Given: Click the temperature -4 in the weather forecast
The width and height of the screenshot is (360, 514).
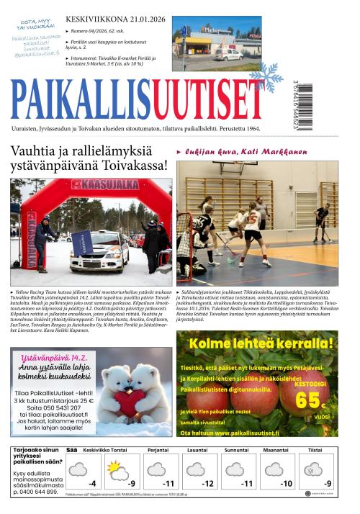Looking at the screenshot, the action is point(91,483).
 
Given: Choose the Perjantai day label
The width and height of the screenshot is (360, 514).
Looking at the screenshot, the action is point(158,450).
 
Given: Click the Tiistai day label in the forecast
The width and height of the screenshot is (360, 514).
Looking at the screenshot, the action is point(315,450).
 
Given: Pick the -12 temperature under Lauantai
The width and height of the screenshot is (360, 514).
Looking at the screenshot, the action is point(207,483).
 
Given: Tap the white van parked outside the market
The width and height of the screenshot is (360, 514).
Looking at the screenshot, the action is point(232,55).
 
